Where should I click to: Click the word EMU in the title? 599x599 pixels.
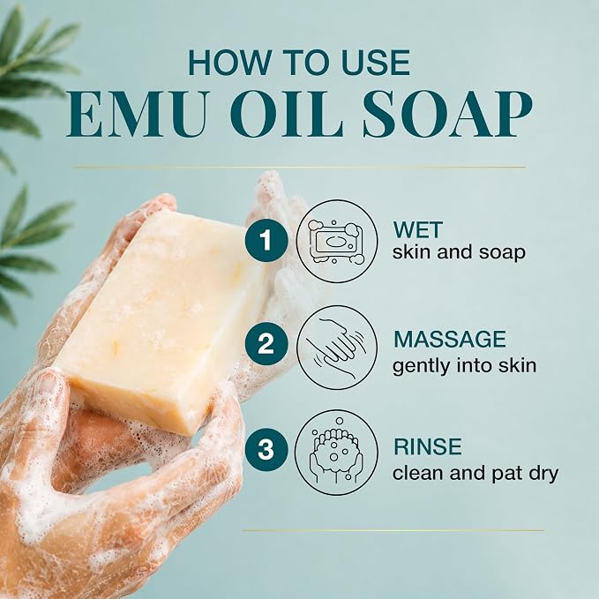[x=137, y=114]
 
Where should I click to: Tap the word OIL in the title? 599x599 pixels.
[x=287, y=114]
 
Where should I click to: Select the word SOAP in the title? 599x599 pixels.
[x=447, y=114]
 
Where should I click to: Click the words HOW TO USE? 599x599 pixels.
[x=299, y=63]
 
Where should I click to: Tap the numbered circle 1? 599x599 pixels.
[x=266, y=241]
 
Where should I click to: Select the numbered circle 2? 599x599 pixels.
[x=266, y=344]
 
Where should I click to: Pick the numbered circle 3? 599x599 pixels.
[x=266, y=450]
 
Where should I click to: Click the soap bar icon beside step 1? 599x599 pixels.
[x=337, y=242]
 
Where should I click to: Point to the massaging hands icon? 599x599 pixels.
[x=337, y=347]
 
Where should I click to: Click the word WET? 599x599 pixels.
[x=417, y=229]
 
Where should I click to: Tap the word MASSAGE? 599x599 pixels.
[x=450, y=340]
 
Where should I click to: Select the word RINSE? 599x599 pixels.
[x=428, y=446]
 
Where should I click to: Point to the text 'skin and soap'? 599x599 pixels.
[x=460, y=252]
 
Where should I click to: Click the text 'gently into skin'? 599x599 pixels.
[x=465, y=366]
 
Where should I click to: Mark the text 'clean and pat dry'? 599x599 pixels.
[x=475, y=474]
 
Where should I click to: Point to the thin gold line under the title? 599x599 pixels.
[x=300, y=167]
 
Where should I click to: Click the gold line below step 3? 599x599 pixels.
[x=393, y=530]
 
